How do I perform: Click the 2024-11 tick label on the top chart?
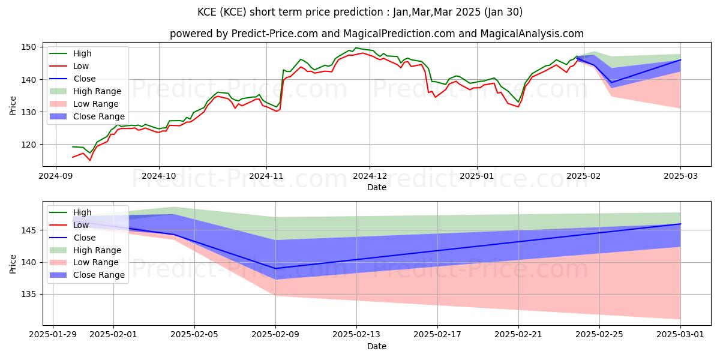click(x=266, y=176)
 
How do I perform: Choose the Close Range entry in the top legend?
click(x=99, y=117)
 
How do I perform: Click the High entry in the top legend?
click(x=82, y=53)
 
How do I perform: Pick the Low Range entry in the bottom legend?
click(x=97, y=263)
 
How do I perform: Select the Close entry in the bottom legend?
click(x=84, y=238)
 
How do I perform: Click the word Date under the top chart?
click(x=377, y=188)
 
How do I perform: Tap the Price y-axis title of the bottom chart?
click(x=13, y=263)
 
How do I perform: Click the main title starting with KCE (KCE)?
click(x=360, y=12)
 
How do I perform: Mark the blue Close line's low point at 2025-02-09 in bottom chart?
click(x=275, y=268)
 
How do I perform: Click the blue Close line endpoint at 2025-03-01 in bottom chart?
click(x=680, y=224)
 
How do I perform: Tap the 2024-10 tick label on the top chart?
click(x=159, y=176)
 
